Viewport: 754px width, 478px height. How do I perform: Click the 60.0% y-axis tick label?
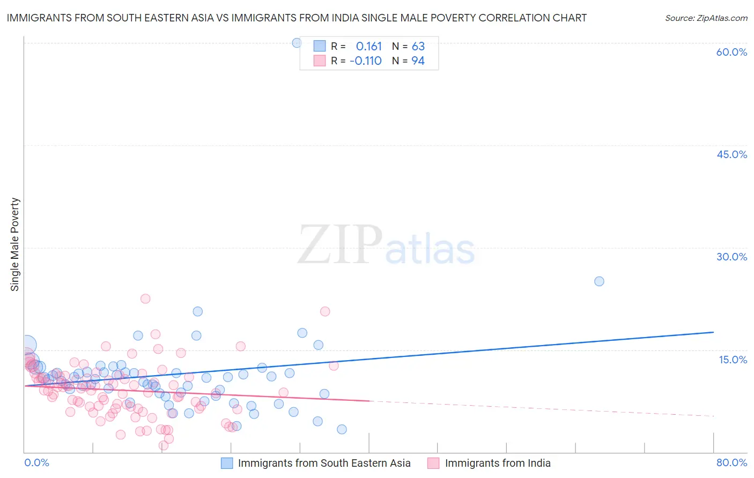731,52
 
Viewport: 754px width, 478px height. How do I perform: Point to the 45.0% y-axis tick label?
731,154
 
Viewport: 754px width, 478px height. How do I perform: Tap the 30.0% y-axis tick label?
731,257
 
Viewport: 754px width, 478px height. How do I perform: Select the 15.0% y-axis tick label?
733,360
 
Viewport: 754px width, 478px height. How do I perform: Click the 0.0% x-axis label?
36,462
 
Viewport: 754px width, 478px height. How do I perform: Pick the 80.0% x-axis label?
731,462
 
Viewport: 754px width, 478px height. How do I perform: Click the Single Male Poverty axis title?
15,244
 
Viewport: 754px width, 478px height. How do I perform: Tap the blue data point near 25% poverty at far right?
599,281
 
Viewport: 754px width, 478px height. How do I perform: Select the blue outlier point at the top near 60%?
297,43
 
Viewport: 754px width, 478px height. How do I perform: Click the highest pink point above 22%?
145,299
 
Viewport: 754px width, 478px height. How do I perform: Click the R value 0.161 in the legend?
368,46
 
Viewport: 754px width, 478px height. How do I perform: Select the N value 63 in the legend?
418,46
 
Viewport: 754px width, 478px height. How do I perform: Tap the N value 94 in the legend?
418,61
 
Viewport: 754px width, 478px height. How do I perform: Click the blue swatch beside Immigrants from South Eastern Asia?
227,464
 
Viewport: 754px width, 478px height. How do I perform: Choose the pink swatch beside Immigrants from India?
433,464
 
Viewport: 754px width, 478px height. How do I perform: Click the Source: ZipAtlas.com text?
706,18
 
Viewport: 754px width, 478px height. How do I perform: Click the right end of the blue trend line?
713,332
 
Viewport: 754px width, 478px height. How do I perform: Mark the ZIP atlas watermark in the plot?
386,245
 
